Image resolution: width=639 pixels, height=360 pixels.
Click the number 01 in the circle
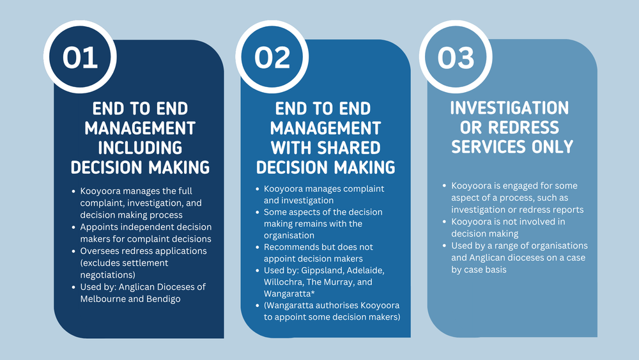coord(81,58)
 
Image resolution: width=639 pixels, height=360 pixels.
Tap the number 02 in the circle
coord(272,58)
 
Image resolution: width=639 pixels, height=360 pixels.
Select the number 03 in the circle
coord(456,58)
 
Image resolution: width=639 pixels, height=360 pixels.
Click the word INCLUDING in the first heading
coord(139,147)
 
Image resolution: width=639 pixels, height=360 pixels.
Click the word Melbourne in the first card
coord(103,299)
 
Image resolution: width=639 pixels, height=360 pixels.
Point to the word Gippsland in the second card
coord(328,270)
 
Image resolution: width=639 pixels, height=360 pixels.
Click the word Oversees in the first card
coord(100,251)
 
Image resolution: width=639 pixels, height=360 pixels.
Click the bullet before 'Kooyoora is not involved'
coord(445,222)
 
